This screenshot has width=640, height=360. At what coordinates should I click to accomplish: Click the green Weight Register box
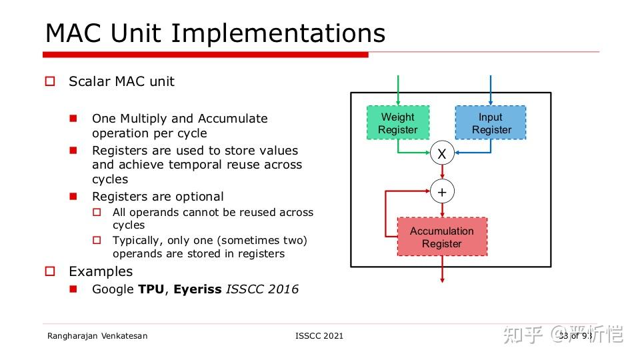click(x=398, y=123)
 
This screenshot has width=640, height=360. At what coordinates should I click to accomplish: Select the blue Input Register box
click(x=491, y=123)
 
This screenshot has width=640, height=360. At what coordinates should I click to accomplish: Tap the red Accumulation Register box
click(x=442, y=237)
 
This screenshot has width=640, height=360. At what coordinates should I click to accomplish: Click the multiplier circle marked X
click(x=441, y=154)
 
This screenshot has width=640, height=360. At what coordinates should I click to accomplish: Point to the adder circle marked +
click(x=441, y=192)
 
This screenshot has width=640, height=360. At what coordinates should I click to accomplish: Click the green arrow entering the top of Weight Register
click(x=398, y=90)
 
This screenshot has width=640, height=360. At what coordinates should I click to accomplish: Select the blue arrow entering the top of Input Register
click(x=491, y=90)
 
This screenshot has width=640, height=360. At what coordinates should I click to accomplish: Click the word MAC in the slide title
click(x=74, y=33)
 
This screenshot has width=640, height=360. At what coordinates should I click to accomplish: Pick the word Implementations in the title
click(x=278, y=33)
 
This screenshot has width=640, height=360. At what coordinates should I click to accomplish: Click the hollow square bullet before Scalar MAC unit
click(x=50, y=81)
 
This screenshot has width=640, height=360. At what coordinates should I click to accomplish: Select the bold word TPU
click(x=151, y=289)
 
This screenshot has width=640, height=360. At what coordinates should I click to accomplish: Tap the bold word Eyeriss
click(x=197, y=289)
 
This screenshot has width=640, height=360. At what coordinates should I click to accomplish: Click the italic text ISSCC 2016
click(x=262, y=289)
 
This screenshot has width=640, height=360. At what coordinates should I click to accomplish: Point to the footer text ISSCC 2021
click(x=319, y=335)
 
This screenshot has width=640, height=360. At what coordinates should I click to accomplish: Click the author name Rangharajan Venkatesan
click(x=97, y=335)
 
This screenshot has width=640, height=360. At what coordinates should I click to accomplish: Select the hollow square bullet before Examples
click(x=50, y=271)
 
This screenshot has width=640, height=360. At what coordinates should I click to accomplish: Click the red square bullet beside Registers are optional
click(x=74, y=196)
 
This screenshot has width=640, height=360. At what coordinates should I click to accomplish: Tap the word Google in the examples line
click(x=113, y=289)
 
